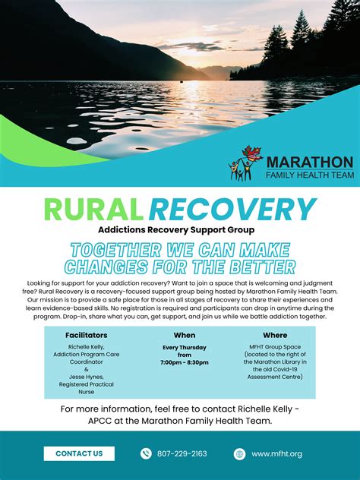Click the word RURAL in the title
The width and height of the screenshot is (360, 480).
pos(93,210)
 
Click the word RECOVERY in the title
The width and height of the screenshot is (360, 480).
pos(232,210)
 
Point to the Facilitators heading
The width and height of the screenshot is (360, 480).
pos(86,334)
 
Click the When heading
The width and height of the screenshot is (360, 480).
pos(184,334)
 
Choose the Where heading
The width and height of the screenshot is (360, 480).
pos(275,334)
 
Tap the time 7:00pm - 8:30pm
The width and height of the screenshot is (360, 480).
pos(184,363)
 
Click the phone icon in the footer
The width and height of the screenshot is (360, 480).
pos(146,453)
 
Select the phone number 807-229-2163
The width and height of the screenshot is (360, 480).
pos(182,453)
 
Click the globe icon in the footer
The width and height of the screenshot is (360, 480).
pos(240,453)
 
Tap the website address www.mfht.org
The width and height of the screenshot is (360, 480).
pos(277,453)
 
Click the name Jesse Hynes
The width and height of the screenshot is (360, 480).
pos(81,377)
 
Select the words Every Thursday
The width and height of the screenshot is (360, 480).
pos(184,347)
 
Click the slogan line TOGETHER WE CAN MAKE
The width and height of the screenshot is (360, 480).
pos(180,250)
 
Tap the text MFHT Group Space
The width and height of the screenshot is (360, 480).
pos(275,347)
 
